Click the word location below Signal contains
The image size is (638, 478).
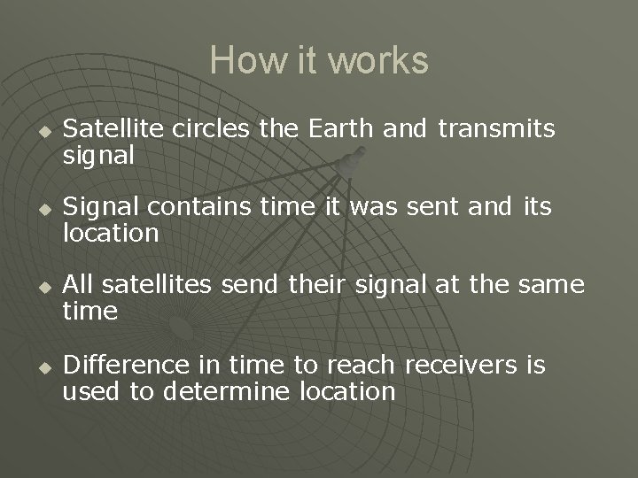point(110,235)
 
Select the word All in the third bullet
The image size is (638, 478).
point(81,285)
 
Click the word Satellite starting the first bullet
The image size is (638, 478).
point(112,129)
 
